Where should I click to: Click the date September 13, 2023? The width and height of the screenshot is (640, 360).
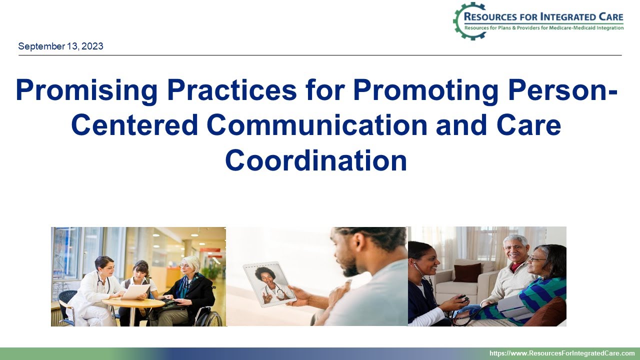60,46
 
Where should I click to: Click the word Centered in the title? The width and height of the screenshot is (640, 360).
134,126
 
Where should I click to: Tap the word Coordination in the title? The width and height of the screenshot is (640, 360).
316,161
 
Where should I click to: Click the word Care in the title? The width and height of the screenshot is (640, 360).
524,126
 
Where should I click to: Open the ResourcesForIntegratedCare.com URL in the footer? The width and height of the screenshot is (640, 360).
561,353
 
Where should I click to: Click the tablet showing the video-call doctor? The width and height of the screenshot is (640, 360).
269,284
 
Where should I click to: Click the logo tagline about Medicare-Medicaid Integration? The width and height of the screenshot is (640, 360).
544,28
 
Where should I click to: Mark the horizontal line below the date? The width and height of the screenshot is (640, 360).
320,55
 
